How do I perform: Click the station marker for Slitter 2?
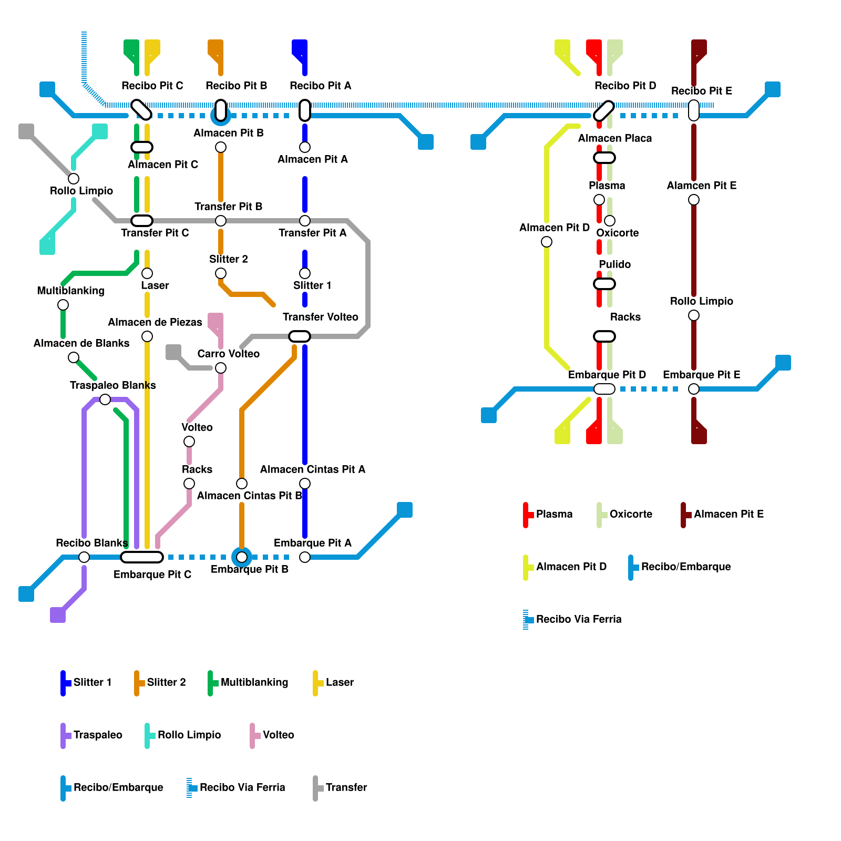pos(221,273)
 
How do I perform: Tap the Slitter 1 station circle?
pos(305,273)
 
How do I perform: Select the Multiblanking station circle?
pos(63,305)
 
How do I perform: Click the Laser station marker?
pos(147,273)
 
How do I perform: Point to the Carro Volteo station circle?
pos(221,368)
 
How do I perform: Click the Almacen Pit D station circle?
pos(547,242)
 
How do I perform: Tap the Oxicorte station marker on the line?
pos(610,221)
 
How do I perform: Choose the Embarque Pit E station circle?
pos(694,389)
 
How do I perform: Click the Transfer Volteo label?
pos(320,317)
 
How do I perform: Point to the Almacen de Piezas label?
pos(155,322)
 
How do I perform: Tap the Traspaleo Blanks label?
pos(113,385)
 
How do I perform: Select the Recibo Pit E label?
pos(702,91)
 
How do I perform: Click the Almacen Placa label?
pos(615,138)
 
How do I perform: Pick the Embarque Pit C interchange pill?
pos(142,557)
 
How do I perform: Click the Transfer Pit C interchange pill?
pos(142,221)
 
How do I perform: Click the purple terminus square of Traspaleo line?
pos(58,615)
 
